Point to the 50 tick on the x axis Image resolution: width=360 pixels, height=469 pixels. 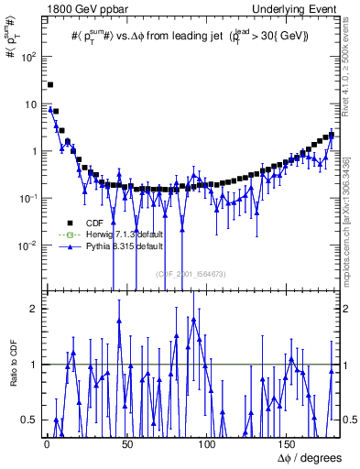tap(126, 443)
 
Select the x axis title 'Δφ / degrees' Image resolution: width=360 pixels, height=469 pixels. tap(309, 457)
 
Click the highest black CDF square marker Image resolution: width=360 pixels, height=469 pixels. tap(50, 84)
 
